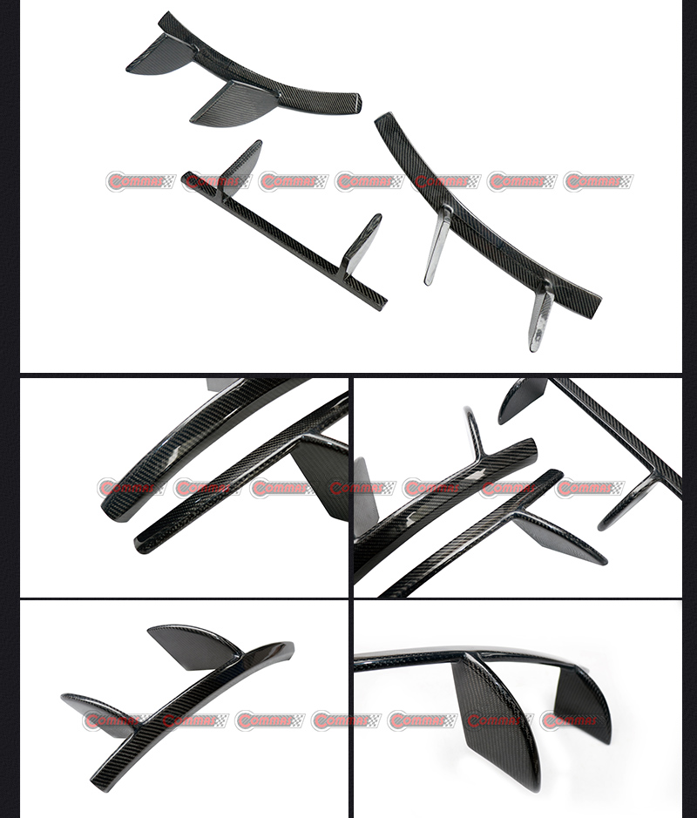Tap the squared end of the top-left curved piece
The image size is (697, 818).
[355, 102]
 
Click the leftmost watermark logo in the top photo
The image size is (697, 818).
[139, 182]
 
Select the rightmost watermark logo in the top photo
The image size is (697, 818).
[599, 182]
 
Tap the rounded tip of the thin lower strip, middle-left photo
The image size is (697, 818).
[142, 547]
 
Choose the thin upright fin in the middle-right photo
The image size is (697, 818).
[475, 431]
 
